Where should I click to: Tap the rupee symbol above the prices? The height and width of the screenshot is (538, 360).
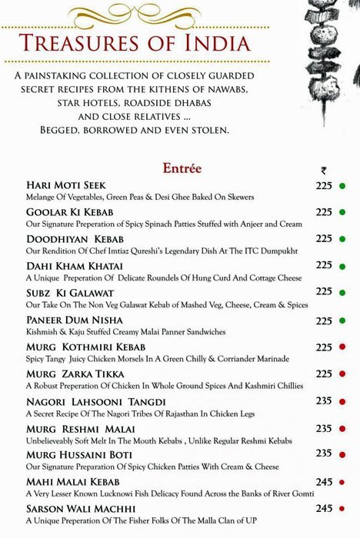323,171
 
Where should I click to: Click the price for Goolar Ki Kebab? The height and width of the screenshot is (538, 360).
324,211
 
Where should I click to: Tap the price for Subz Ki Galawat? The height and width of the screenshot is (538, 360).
324,291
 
